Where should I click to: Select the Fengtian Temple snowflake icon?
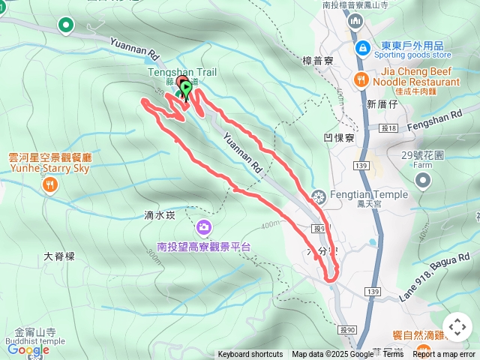pyautogui.click(x=319, y=197)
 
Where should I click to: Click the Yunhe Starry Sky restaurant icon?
pyautogui.click(x=50, y=184)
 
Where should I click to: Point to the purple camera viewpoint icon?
pyautogui.click(x=203, y=226)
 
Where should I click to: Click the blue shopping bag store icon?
pyautogui.click(x=363, y=47)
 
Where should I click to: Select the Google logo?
pyautogui.click(x=28, y=349)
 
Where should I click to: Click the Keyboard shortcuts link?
pyautogui.click(x=250, y=354)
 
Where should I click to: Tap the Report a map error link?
pyautogui.click(x=444, y=354)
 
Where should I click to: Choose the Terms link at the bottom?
pyautogui.click(x=393, y=354)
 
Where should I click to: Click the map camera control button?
pyautogui.click(x=457, y=327)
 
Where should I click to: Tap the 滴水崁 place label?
pyautogui.click(x=158, y=215)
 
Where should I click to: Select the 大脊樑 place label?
pyautogui.click(x=59, y=256)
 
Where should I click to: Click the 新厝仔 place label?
pyautogui.click(x=382, y=105)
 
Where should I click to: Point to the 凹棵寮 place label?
pyautogui.click(x=339, y=137)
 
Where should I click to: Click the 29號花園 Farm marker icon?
pyautogui.click(x=423, y=180)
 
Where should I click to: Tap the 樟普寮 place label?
pyautogui.click(x=317, y=60)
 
